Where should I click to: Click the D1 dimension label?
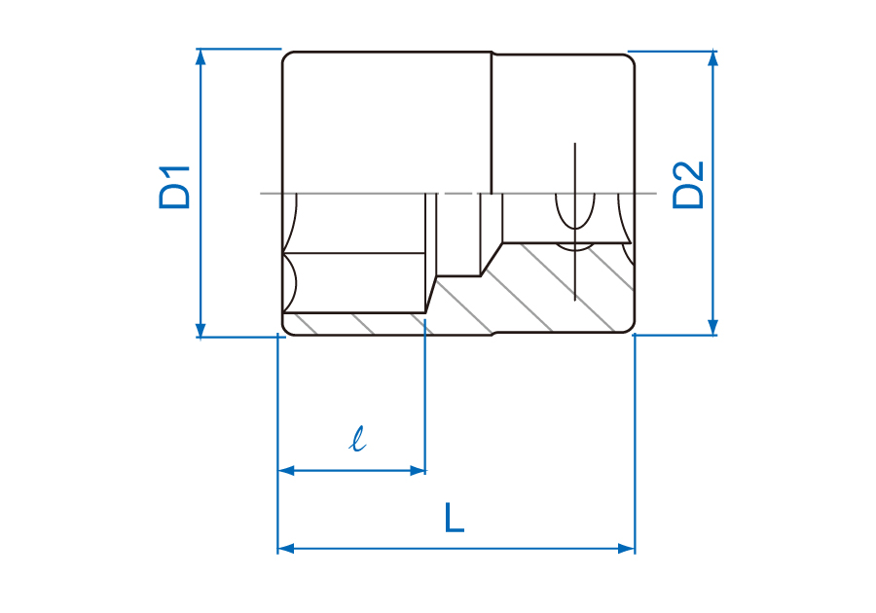pyautogui.click(x=174, y=188)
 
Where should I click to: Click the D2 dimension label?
pyautogui.click(x=688, y=185)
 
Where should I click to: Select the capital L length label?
pyautogui.click(x=455, y=518)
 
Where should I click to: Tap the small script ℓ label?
pyautogui.click(x=357, y=439)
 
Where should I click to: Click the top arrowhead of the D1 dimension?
pyautogui.click(x=201, y=56)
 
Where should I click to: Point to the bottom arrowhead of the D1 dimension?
pyautogui.click(x=201, y=330)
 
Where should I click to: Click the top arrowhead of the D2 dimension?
pyautogui.click(x=712, y=58)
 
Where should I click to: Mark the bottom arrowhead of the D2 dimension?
pyautogui.click(x=712, y=327)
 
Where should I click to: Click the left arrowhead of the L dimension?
pyautogui.click(x=286, y=548)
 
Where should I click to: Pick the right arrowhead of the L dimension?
pyautogui.click(x=626, y=548)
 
